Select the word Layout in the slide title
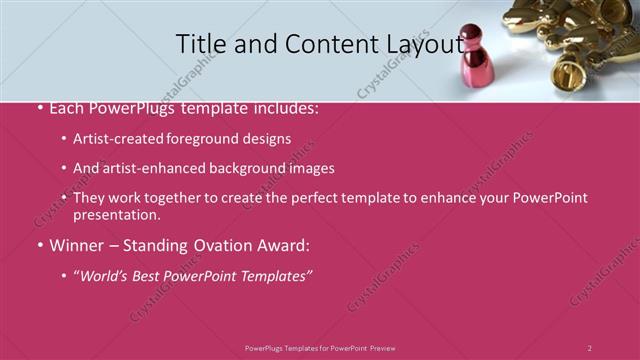[422, 44]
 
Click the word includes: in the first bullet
[285, 108]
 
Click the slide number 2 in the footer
[589, 347]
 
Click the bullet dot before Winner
[39, 246]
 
